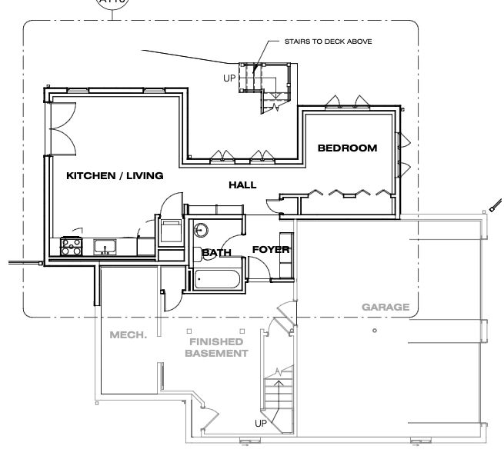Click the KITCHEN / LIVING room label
tap(115, 176)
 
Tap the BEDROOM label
tap(348, 148)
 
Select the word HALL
tap(242, 185)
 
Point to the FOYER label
tap(271, 249)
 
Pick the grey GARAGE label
tap(386, 308)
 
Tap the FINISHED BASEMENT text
tap(215, 348)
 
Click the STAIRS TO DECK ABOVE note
tap(328, 42)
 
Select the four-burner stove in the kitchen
tap(72, 247)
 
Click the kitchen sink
tap(105, 247)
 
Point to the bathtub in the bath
tap(219, 278)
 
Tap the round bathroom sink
tap(202, 229)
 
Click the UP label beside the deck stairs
tap(229, 78)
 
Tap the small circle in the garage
tap(374, 331)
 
